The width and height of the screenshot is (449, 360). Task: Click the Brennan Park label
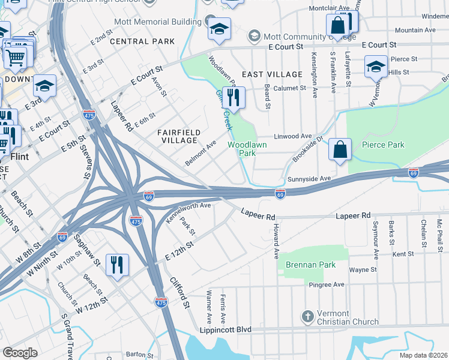click(x=310, y=264)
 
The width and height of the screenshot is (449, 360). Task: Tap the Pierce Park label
click(x=383, y=145)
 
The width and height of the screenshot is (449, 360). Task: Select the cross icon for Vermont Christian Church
click(x=307, y=316)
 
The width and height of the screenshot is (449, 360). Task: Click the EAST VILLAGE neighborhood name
click(x=272, y=74)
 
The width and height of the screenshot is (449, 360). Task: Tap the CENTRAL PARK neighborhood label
click(x=142, y=41)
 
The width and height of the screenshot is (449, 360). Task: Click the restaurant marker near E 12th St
click(x=116, y=263)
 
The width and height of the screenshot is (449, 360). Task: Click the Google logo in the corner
click(x=20, y=353)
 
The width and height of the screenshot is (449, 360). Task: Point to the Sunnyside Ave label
click(x=309, y=179)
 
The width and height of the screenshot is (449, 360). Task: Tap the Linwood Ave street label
click(x=293, y=136)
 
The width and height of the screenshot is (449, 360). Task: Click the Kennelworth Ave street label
click(x=188, y=213)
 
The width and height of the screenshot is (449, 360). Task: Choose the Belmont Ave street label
click(x=200, y=154)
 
